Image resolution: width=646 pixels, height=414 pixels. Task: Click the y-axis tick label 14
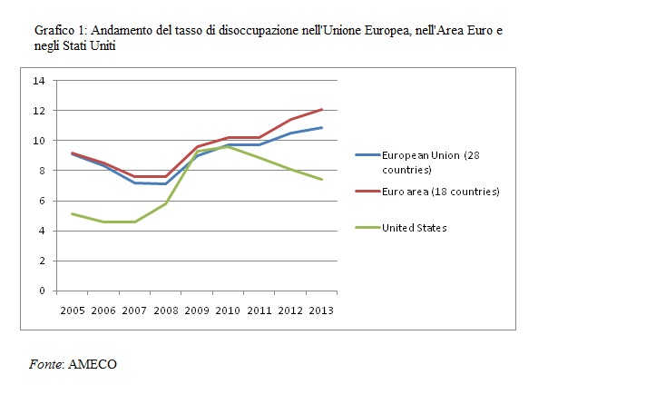point(39,81)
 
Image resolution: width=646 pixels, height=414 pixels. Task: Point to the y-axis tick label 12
point(39,111)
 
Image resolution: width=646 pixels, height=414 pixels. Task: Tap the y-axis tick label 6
point(42,201)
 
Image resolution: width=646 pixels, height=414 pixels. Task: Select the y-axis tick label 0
point(42,291)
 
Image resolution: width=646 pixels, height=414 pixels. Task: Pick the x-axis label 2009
point(196,310)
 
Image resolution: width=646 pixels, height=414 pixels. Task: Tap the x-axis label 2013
point(320,310)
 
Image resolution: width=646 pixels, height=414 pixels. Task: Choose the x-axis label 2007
point(134,310)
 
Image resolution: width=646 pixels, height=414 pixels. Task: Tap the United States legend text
point(415,228)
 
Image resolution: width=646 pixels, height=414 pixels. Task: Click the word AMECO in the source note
point(93,364)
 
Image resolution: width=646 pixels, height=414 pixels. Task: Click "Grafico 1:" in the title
point(61,31)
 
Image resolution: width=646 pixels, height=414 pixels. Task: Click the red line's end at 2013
point(322,109)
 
